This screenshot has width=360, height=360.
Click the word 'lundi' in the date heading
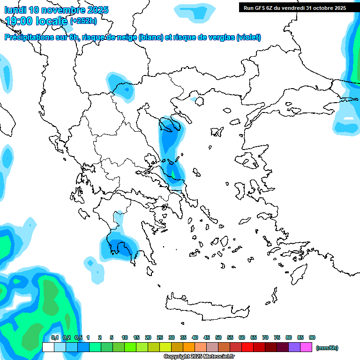[15, 10]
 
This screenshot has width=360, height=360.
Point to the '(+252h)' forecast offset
[83, 21]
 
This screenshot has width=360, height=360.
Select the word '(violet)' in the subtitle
[248, 37]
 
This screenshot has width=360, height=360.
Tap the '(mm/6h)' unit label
[327, 348]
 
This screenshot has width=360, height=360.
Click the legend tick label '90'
[312, 337]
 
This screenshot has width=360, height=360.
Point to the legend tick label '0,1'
[55, 337]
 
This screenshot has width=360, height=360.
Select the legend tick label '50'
[218, 337]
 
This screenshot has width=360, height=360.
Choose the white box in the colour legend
[48, 347]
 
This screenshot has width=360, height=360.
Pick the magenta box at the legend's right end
[306, 347]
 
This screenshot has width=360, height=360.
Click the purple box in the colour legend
[294, 347]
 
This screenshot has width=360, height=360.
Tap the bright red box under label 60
[247, 347]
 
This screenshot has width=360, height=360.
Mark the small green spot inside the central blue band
[173, 174]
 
